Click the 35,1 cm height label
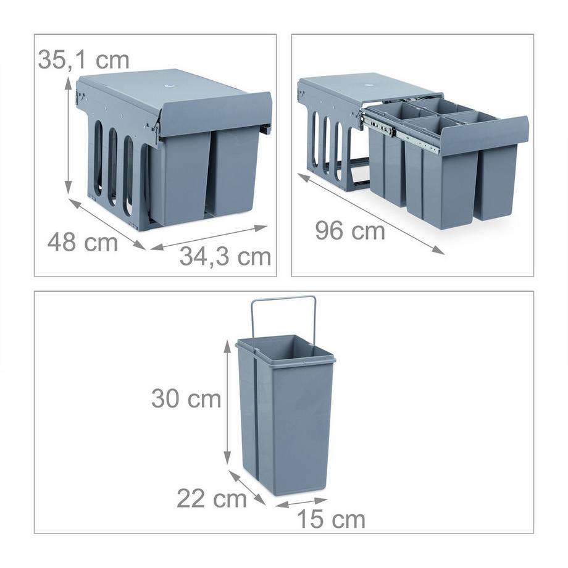tap(84, 60)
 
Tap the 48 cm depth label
tap(83, 243)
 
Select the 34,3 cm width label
tap(225, 257)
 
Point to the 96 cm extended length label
tap(350, 231)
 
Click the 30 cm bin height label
tap(186, 398)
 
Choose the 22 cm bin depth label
tap(212, 499)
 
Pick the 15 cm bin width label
tap(331, 519)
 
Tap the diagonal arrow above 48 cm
tap(107, 224)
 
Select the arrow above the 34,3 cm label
tap(209, 238)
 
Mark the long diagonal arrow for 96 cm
tap(371, 214)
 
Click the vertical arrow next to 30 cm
tap(227, 402)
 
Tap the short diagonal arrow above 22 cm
tap(247, 487)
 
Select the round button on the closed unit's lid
tap(169, 86)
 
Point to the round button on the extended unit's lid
tap(369, 85)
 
